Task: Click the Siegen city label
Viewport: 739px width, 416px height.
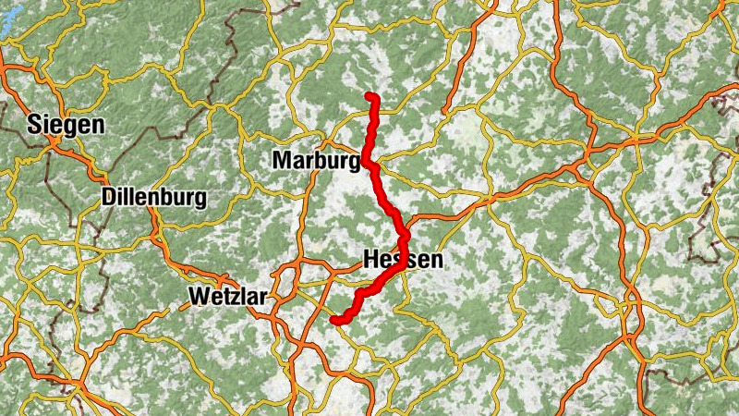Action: pyautogui.click(x=66, y=124)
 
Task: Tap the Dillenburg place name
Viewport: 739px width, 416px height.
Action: pyautogui.click(x=154, y=197)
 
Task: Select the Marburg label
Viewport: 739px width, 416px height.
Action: pyautogui.click(x=315, y=161)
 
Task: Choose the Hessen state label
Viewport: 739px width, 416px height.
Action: pyautogui.click(x=404, y=260)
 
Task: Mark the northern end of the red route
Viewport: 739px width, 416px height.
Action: pyautogui.click(x=369, y=96)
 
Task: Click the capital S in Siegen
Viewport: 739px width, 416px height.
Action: pyautogui.click(x=36, y=124)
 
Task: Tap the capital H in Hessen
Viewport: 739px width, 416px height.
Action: pyautogui.click(x=372, y=260)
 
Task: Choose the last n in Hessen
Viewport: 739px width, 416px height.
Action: pyautogui.click(x=436, y=261)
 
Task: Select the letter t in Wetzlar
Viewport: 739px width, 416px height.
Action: pyautogui.click(x=227, y=297)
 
